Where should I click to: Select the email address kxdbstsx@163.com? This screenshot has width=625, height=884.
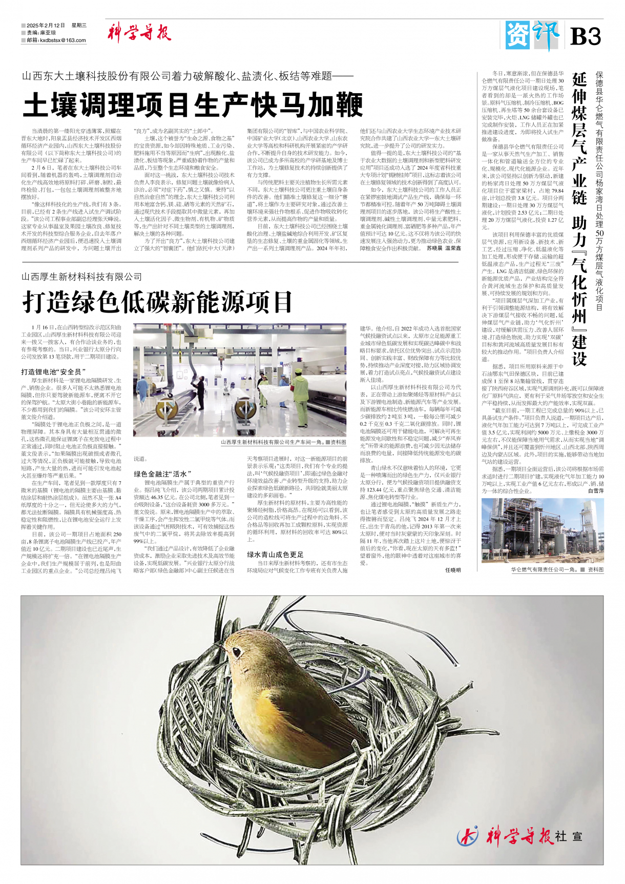tap(63, 40)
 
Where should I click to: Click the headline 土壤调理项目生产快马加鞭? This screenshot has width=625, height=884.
tap(193, 105)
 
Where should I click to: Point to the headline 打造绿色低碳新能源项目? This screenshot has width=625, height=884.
tap(157, 302)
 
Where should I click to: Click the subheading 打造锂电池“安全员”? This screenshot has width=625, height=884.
tap(53, 372)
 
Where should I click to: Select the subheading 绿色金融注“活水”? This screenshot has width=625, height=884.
tap(163, 474)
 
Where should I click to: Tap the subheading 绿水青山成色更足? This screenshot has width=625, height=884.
tap(275, 554)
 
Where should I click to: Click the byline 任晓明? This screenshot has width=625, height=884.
tap(453, 570)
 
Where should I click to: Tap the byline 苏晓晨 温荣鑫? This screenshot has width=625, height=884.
tap(444, 248)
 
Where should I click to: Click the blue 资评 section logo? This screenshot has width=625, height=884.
tap(531, 35)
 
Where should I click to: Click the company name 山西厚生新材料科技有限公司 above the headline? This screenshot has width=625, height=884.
tap(82, 277)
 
